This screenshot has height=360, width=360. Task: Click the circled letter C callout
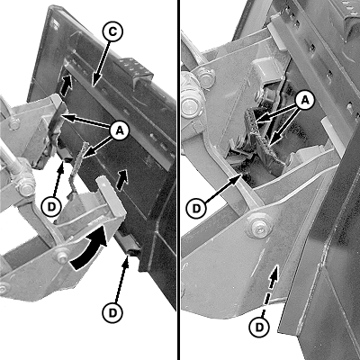point(112,32)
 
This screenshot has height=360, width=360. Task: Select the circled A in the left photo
point(120,131)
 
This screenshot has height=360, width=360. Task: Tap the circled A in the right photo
point(304,101)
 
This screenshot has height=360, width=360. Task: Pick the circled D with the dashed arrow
point(260,326)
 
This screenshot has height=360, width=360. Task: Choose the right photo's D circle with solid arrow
point(196,208)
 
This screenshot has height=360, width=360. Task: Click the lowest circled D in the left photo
point(112,313)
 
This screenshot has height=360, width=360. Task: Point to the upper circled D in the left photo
point(52,207)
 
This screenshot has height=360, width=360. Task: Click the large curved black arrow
point(90,249)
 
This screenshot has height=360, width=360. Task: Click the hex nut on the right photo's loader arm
point(260,227)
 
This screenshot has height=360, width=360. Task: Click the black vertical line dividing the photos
point(179,180)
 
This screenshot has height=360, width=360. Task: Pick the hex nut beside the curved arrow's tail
point(62,257)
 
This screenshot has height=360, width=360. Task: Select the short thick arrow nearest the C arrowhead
point(67,85)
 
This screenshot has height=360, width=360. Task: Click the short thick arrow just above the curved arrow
point(122,179)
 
